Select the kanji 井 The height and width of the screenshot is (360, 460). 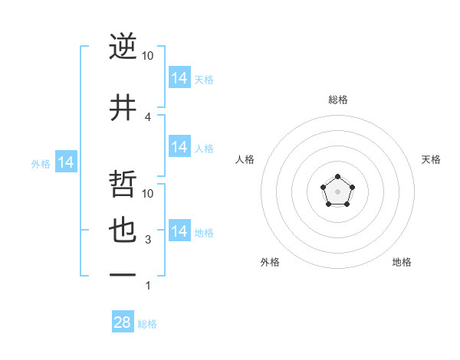click(x=123, y=108)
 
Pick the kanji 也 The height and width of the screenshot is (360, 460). click(x=123, y=231)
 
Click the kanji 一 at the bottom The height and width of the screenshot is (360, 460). click(x=123, y=274)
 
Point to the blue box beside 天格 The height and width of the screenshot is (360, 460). click(x=179, y=78)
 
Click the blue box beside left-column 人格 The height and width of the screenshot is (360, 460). click(x=179, y=147)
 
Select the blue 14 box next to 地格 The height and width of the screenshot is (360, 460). click(x=179, y=231)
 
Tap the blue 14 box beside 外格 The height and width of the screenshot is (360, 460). click(x=66, y=162)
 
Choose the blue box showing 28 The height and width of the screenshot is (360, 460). click(x=123, y=322)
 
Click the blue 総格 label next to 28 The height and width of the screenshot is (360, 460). click(x=147, y=324)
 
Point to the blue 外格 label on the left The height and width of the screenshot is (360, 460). click(x=40, y=163)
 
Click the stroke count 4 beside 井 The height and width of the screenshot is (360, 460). click(x=148, y=117)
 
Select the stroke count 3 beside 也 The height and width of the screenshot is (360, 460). click(x=148, y=240)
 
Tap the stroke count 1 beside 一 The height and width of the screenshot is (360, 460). click(x=148, y=286)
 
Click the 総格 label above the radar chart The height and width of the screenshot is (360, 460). click(x=337, y=100)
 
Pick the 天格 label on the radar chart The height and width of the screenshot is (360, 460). click(x=431, y=159)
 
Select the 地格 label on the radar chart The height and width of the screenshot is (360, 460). click(x=402, y=262)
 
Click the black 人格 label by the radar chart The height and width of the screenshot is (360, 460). click(x=245, y=159)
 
